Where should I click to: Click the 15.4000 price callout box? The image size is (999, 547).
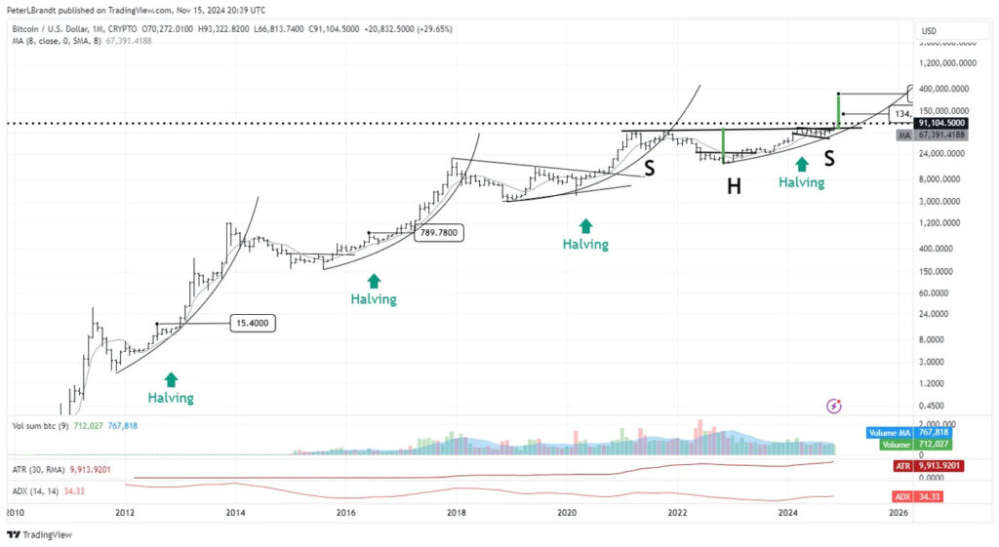[253, 323]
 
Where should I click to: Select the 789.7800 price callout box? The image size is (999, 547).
[438, 233]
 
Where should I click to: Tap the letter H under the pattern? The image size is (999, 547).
[734, 186]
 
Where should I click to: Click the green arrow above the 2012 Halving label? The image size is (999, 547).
[172, 379]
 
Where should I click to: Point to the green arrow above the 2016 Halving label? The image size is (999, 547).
[374, 281]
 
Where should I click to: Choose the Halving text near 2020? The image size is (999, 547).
[585, 244]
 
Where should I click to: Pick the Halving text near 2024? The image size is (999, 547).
[801, 182]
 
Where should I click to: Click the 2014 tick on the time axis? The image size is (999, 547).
[234, 512]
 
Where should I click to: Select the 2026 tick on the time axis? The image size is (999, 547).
[899, 512]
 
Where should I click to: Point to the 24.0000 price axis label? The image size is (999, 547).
[939, 314]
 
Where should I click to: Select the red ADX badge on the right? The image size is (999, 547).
[902, 496]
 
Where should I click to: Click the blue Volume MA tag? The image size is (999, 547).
[892, 432]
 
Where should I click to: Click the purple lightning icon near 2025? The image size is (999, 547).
[834, 405]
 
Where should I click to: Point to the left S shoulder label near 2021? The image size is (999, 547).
[650, 168]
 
